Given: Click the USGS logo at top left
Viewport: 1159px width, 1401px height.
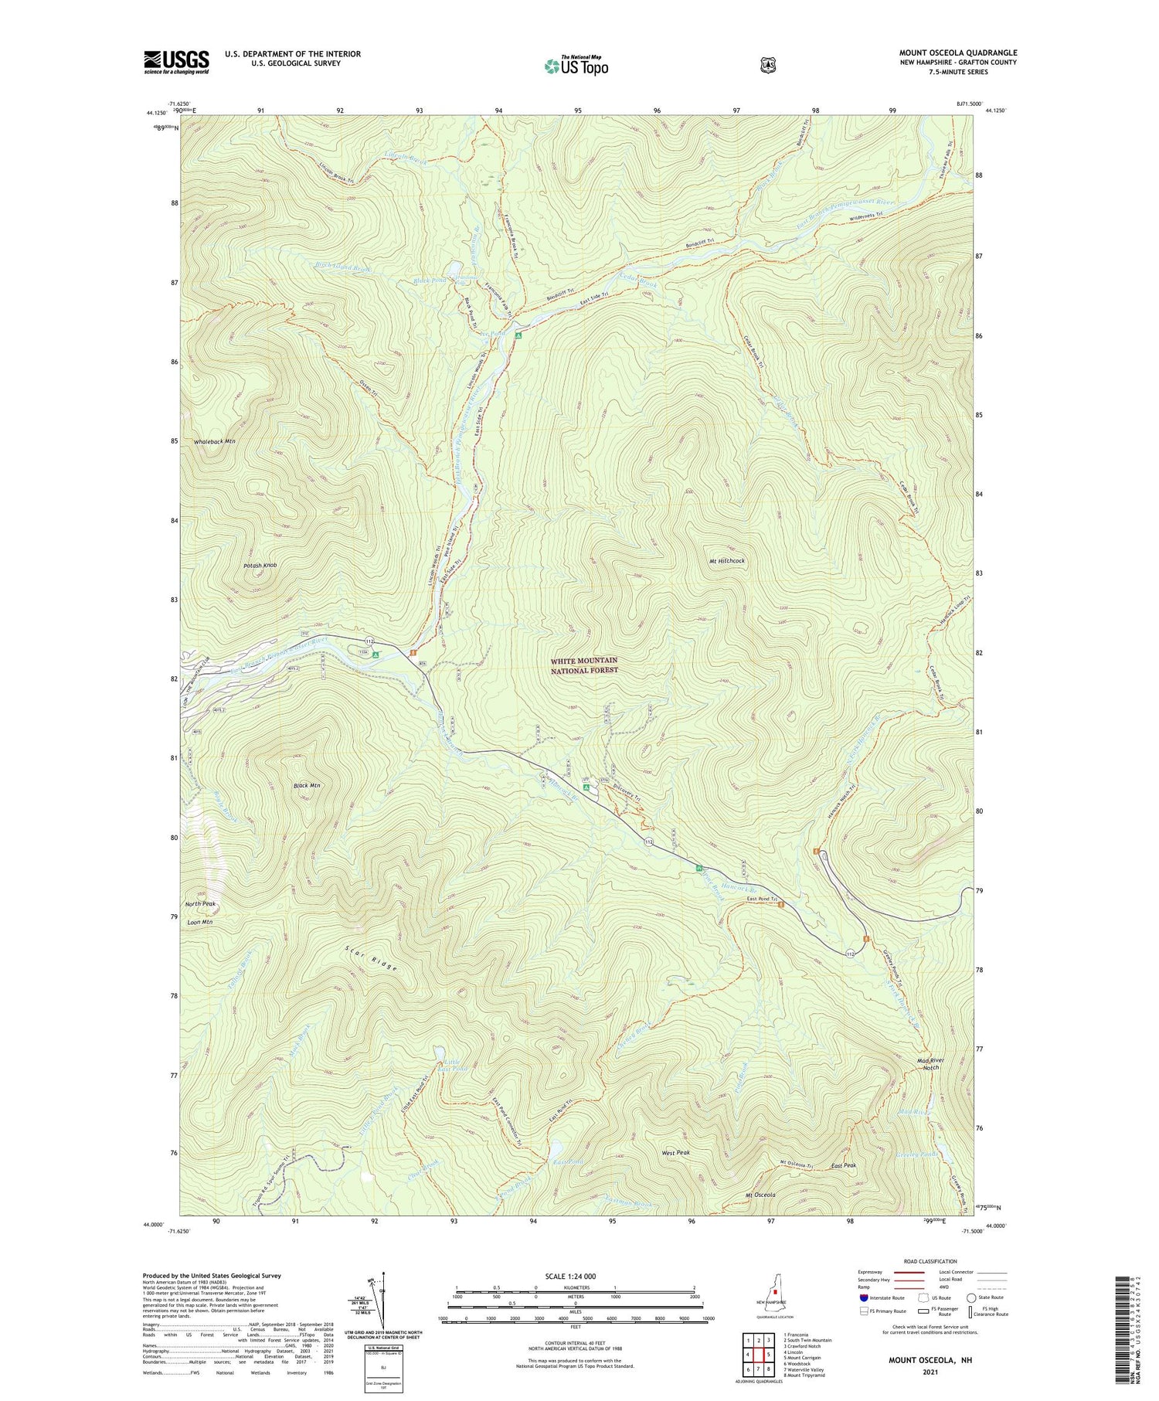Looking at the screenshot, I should (x=176, y=62).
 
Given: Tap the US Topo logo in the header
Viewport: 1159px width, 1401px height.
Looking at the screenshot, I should (x=576, y=66).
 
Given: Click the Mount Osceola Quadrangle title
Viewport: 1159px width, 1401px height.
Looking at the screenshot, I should (x=957, y=53).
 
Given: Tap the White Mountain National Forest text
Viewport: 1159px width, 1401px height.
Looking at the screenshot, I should (x=584, y=665).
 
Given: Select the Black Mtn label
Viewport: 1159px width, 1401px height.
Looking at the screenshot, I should (x=307, y=785).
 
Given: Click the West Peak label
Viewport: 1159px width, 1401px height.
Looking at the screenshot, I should (x=675, y=1152).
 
